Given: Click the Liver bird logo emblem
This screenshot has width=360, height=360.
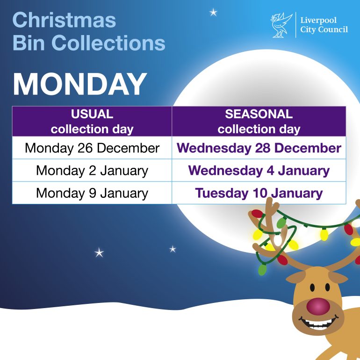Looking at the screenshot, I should pos(281,25).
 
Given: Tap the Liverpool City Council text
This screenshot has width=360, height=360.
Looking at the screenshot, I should pos(324,25).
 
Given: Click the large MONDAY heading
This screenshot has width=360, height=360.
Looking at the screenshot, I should pos(80,85).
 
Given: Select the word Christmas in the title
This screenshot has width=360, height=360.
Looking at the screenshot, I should pos(64,20).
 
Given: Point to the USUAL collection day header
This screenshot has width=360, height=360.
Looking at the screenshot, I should pos(92,122).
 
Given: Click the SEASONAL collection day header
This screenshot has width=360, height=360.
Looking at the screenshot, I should pos(259,122).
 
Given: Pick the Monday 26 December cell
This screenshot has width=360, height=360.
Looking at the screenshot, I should pos(92,148).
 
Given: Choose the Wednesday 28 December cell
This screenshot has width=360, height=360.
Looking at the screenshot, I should pos(259,148).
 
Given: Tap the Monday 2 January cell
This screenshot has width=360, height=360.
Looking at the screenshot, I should pos(92,171).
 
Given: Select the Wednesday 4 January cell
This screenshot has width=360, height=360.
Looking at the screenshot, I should pos(259,171).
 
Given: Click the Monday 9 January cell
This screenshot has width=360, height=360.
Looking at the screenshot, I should pos(92,193).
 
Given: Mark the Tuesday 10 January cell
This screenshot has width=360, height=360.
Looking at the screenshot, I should pos(259,193).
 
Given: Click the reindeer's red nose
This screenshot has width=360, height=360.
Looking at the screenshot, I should pos(318,306).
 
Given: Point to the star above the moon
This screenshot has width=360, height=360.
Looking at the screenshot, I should pos(213,13).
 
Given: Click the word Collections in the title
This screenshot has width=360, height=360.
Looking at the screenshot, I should pos(108,43).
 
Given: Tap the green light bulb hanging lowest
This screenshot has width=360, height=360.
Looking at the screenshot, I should pos(262,270).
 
